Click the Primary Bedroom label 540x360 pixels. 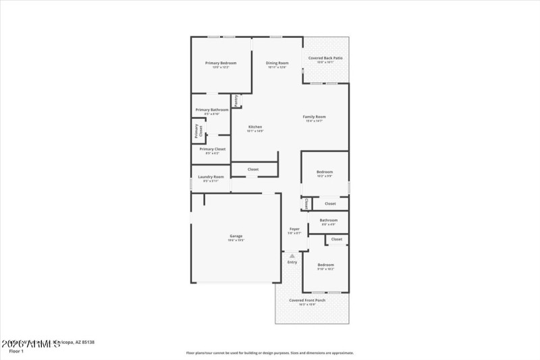pos(220,63)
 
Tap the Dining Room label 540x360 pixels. pos(277,63)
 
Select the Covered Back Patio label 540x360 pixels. pos(325,58)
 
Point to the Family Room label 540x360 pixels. pos(315,117)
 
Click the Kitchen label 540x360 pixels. pos(255,127)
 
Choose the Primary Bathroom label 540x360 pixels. pos(212,109)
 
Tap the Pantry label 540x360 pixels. pos(236,100)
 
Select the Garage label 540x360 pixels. pos(236,236)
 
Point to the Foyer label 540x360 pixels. pos(294,229)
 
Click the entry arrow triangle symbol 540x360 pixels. pos(292,255)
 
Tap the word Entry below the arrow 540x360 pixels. pos(292,262)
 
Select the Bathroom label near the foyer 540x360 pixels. pos(329,220)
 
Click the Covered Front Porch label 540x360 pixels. pos(307,300)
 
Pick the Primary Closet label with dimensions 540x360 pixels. pos(212,149)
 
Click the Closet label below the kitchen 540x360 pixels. pos(253,169)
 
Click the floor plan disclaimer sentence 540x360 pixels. pos(270,353)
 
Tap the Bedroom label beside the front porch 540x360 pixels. pos(326,264)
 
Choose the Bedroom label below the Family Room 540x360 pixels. pos(325,172)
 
